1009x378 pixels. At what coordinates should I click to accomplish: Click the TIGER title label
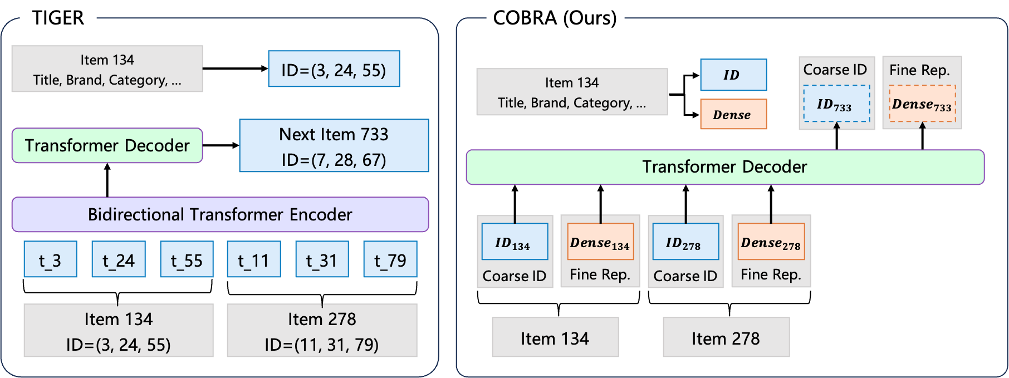pyautogui.click(x=58, y=18)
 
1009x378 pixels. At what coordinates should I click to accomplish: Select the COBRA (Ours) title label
pyautogui.click(x=555, y=18)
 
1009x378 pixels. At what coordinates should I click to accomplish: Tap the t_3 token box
pyautogui.click(x=50, y=259)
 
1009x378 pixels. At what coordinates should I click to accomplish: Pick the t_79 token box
pyautogui.click(x=390, y=259)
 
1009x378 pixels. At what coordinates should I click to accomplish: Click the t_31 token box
pyautogui.click(x=322, y=259)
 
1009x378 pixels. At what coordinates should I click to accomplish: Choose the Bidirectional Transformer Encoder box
pyautogui.click(x=220, y=214)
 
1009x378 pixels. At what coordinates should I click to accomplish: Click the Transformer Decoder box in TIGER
pyautogui.click(x=107, y=145)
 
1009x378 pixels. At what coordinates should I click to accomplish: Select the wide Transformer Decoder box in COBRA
pyautogui.click(x=724, y=166)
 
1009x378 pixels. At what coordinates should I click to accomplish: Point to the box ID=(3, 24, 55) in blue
pyautogui.click(x=334, y=69)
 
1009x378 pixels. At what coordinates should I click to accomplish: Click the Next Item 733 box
pyautogui.click(x=334, y=146)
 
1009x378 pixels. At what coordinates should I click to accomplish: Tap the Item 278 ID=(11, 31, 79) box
pyautogui.click(x=322, y=331)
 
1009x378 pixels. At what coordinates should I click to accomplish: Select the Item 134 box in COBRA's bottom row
pyautogui.click(x=555, y=337)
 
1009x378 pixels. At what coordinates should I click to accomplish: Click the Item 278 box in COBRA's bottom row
pyautogui.click(x=726, y=337)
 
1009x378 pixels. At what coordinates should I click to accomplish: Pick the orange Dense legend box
pyautogui.click(x=733, y=114)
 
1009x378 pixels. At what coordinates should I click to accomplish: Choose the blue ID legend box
pyautogui.click(x=733, y=75)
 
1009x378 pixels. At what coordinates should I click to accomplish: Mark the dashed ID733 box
pyautogui.click(x=836, y=104)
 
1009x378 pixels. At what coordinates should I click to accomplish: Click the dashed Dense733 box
pyautogui.click(x=922, y=104)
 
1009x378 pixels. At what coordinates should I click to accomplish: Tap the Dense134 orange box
pyautogui.click(x=600, y=242)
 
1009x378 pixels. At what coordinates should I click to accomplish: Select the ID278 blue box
pyautogui.click(x=685, y=242)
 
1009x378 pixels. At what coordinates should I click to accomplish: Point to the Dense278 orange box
pyautogui.click(x=771, y=242)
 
